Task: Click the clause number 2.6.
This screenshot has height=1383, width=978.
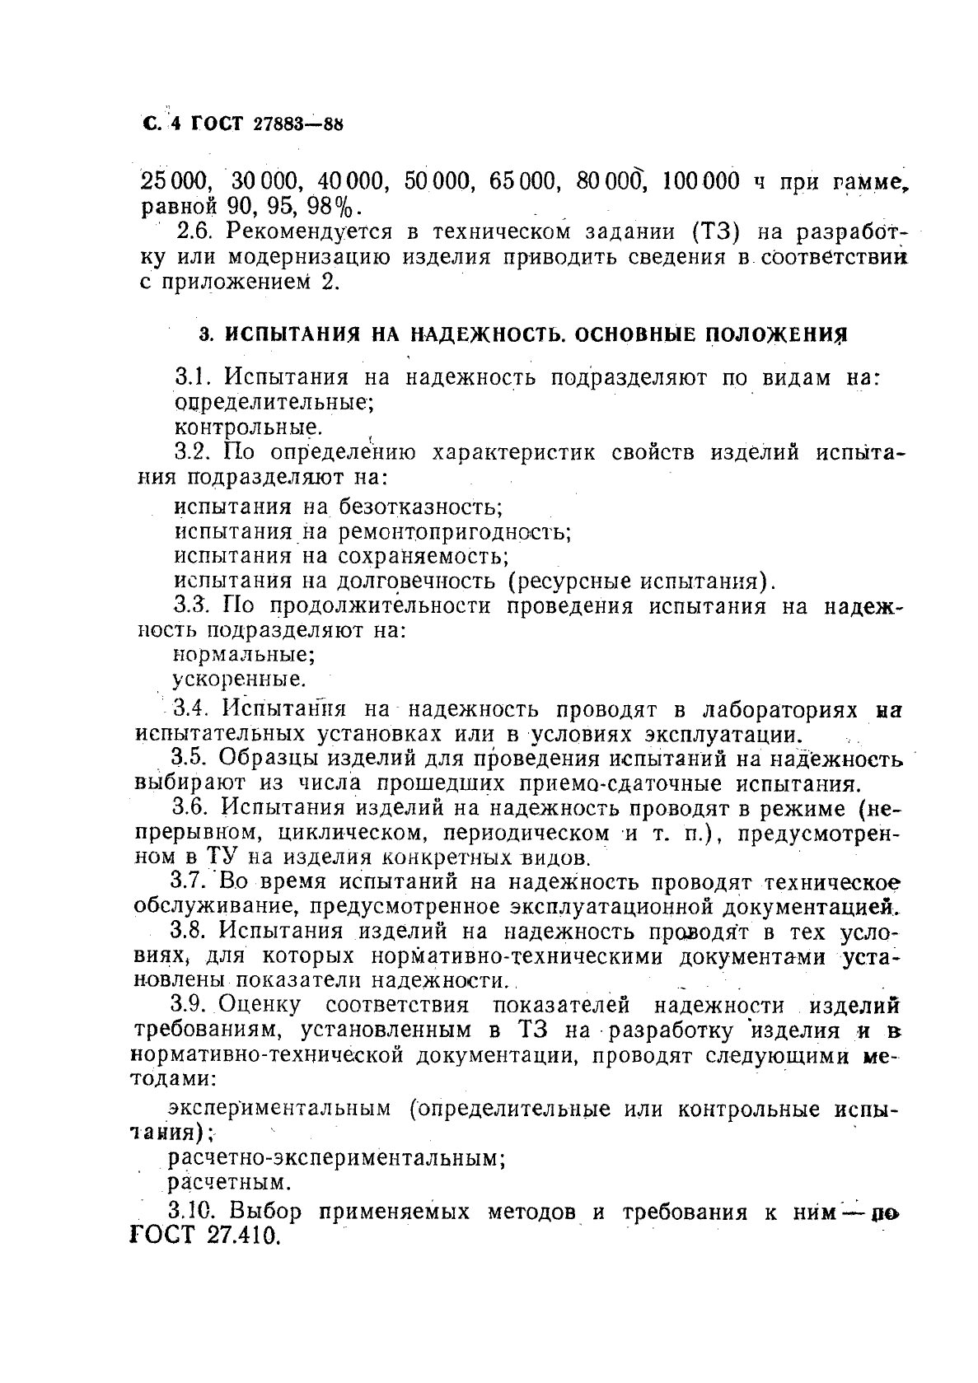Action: (195, 231)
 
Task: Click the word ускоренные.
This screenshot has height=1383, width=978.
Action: (239, 680)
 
